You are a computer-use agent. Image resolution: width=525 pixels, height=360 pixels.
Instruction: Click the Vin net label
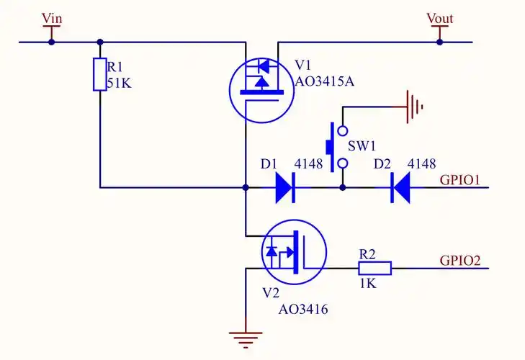click(52, 18)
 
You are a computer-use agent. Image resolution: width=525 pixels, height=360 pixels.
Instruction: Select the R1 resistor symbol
click(99, 75)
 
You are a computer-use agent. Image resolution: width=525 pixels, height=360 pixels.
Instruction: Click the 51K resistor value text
click(120, 84)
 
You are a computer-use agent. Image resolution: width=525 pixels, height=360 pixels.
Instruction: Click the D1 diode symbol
click(285, 188)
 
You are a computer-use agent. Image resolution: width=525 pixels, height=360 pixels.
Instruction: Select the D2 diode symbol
click(400, 188)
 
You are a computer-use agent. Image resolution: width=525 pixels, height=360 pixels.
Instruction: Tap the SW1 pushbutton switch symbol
click(336, 147)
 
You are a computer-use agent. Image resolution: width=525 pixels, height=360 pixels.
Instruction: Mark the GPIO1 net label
click(460, 179)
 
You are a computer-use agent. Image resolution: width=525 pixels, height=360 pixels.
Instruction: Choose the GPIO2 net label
click(460, 260)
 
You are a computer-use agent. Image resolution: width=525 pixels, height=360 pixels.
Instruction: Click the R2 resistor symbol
click(375, 269)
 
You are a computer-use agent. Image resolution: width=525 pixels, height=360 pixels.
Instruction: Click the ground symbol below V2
click(246, 336)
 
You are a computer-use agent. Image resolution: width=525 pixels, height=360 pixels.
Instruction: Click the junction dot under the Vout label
click(439, 42)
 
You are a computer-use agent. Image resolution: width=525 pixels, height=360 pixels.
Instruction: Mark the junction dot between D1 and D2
click(343, 188)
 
